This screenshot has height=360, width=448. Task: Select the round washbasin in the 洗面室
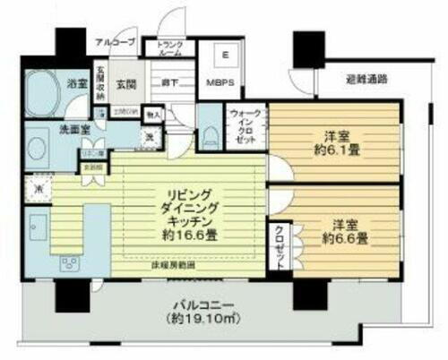tap(37, 145)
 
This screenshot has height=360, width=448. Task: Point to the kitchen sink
tap(38, 223)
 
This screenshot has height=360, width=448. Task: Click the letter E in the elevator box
tap(226, 53)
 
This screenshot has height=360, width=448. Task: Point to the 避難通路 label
tap(366, 79)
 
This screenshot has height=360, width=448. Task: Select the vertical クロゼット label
tap(279, 243)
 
